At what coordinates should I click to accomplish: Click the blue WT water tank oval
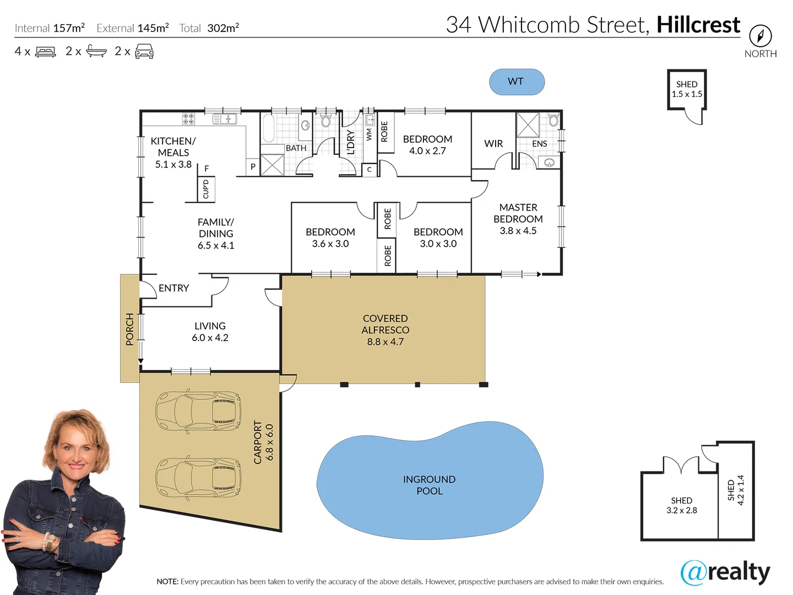pyautogui.click(x=517, y=82)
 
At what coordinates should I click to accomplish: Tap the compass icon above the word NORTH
pyautogui.click(x=761, y=36)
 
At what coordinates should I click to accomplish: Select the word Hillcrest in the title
pyautogui.click(x=698, y=25)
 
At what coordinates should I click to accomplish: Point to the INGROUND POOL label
pyautogui.click(x=429, y=485)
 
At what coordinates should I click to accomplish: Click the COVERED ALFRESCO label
pyautogui.click(x=385, y=329)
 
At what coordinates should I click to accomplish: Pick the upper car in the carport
pyautogui.click(x=198, y=411)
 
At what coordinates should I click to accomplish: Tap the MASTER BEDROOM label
pyautogui.click(x=518, y=219)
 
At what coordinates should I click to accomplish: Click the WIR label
pyautogui.click(x=493, y=144)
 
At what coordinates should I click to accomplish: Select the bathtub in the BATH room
pyautogui.click(x=268, y=129)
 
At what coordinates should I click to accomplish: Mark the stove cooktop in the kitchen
pyautogui.click(x=188, y=118)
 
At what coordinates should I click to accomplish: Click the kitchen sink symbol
pyautogui.click(x=225, y=118)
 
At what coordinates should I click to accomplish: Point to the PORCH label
pyautogui.click(x=130, y=329)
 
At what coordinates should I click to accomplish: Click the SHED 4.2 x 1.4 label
pyautogui.click(x=736, y=490)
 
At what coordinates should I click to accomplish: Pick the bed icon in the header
pyautogui.click(x=46, y=52)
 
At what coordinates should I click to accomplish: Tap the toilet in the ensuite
pyautogui.click(x=553, y=120)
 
